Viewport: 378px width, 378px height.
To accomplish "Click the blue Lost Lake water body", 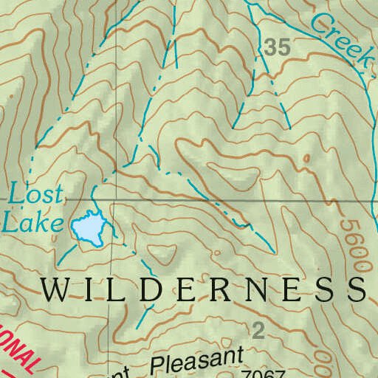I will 88,228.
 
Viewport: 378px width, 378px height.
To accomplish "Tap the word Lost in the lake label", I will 29,196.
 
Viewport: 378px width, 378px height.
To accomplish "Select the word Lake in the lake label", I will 30,221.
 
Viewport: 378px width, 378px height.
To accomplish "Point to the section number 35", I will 277,48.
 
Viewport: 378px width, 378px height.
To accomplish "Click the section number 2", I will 258,330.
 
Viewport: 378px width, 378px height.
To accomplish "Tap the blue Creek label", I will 339,38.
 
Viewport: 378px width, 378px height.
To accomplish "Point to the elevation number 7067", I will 266,373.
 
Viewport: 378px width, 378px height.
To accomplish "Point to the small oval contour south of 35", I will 306,158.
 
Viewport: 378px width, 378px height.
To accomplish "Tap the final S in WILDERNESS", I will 356,289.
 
